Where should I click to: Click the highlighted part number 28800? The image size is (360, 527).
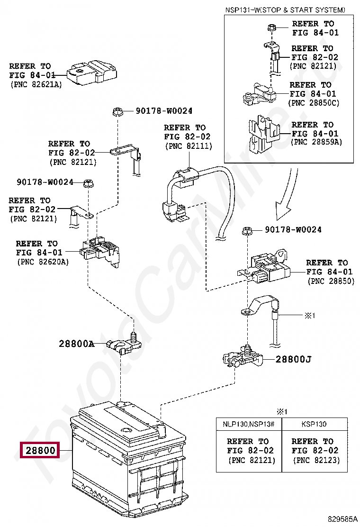tap(38, 450)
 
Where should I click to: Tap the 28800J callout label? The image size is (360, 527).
tap(294, 359)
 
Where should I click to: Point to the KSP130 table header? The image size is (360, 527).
tap(314, 424)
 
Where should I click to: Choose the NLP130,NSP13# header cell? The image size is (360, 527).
tap(249, 424)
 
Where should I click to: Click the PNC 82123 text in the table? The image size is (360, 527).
tap(315, 460)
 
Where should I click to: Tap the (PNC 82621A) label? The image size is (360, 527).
tap(36, 84)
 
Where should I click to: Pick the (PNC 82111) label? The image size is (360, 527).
tap(189, 146)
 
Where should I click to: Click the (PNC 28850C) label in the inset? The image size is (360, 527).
tap(314, 103)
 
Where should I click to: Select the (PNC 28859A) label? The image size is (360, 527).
tap(316, 142)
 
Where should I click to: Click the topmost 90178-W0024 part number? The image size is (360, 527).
tap(164, 111)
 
